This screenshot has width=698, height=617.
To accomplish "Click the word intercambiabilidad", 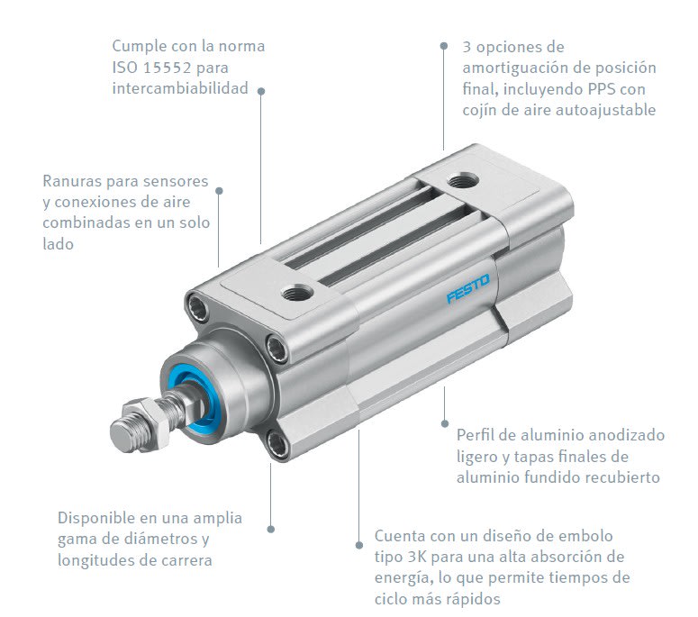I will (x=180, y=89).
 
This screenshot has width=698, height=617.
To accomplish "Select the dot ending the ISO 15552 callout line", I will (x=261, y=90).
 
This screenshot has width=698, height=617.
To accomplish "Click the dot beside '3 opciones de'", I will (x=443, y=46).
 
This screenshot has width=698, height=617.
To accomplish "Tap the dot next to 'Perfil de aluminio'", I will (x=444, y=422).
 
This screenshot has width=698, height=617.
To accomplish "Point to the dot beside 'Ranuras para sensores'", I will (x=220, y=190).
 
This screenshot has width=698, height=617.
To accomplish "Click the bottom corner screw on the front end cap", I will (x=278, y=441).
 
